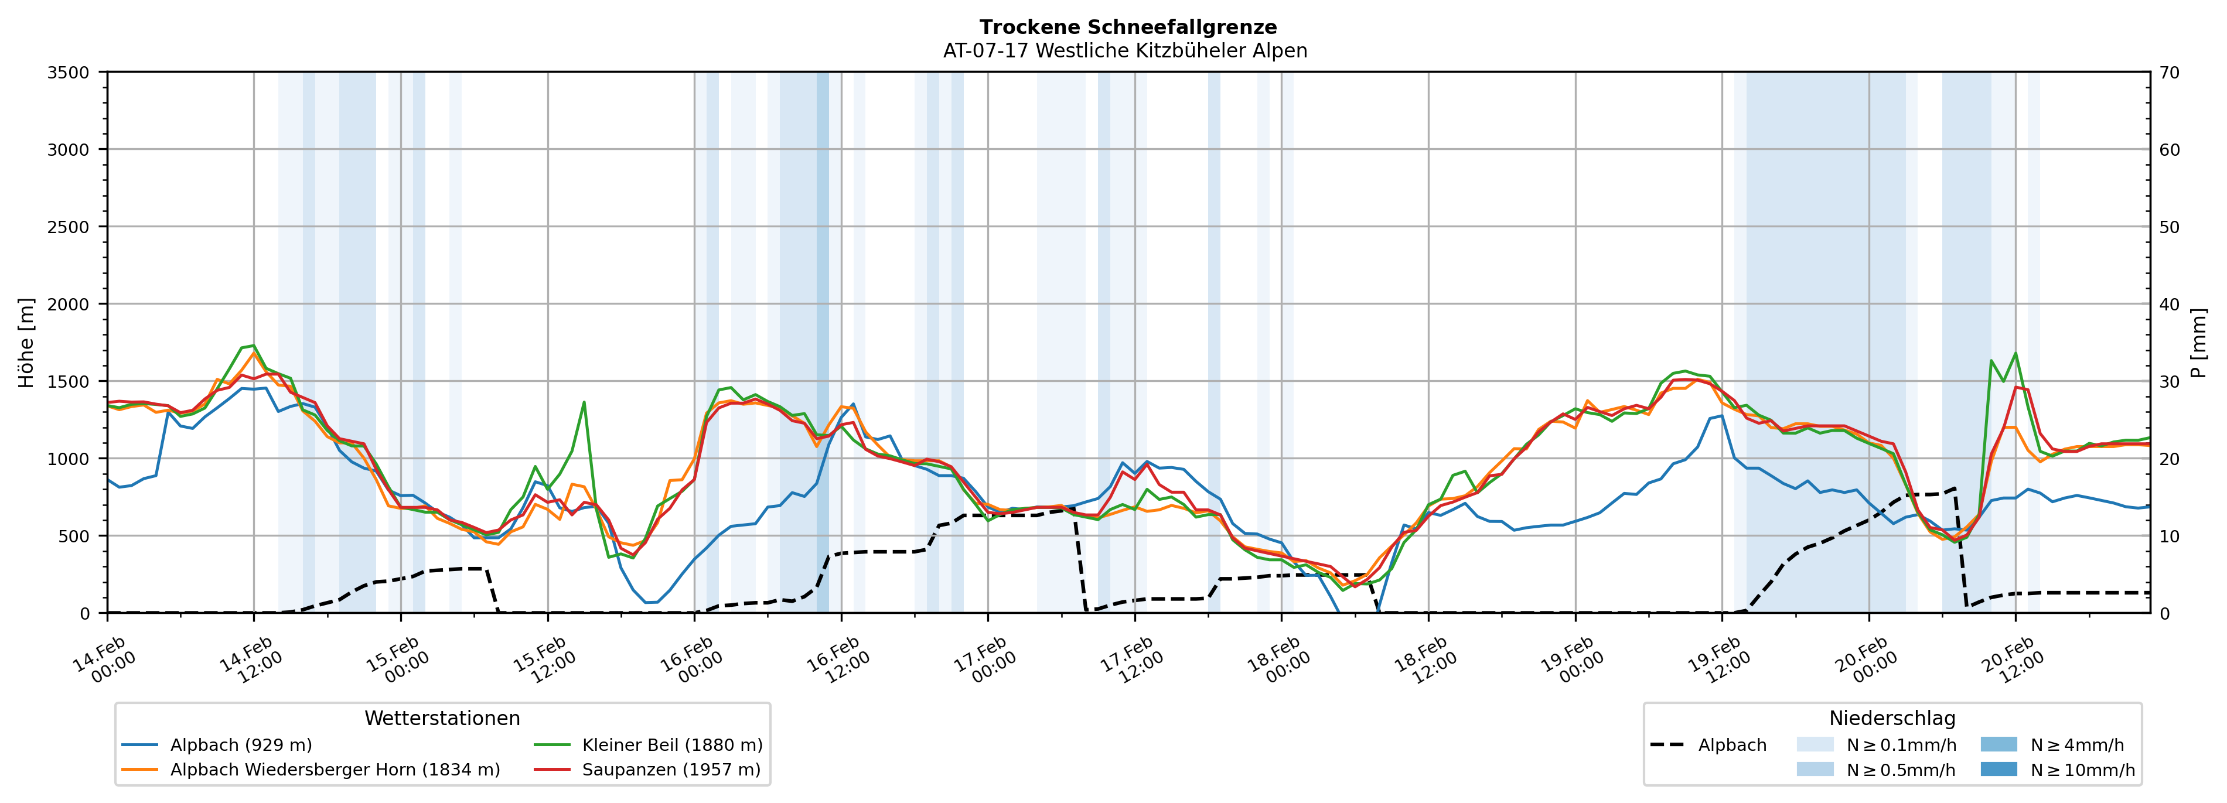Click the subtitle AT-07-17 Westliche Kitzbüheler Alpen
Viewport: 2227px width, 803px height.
1125,51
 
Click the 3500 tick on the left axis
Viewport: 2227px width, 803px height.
69,73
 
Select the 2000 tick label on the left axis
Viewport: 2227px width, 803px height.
69,304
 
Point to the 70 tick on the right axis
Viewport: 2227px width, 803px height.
2169,73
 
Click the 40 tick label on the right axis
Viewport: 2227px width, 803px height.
2169,304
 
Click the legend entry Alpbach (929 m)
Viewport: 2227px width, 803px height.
240,745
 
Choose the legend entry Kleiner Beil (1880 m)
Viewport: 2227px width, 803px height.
671,745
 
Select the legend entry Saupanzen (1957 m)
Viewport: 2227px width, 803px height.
671,770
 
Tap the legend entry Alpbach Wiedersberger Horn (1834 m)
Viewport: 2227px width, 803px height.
335,770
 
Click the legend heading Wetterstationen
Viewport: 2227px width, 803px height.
442,718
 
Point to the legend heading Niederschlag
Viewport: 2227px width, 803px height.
1891,718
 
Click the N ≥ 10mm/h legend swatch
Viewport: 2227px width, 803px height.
1998,769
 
